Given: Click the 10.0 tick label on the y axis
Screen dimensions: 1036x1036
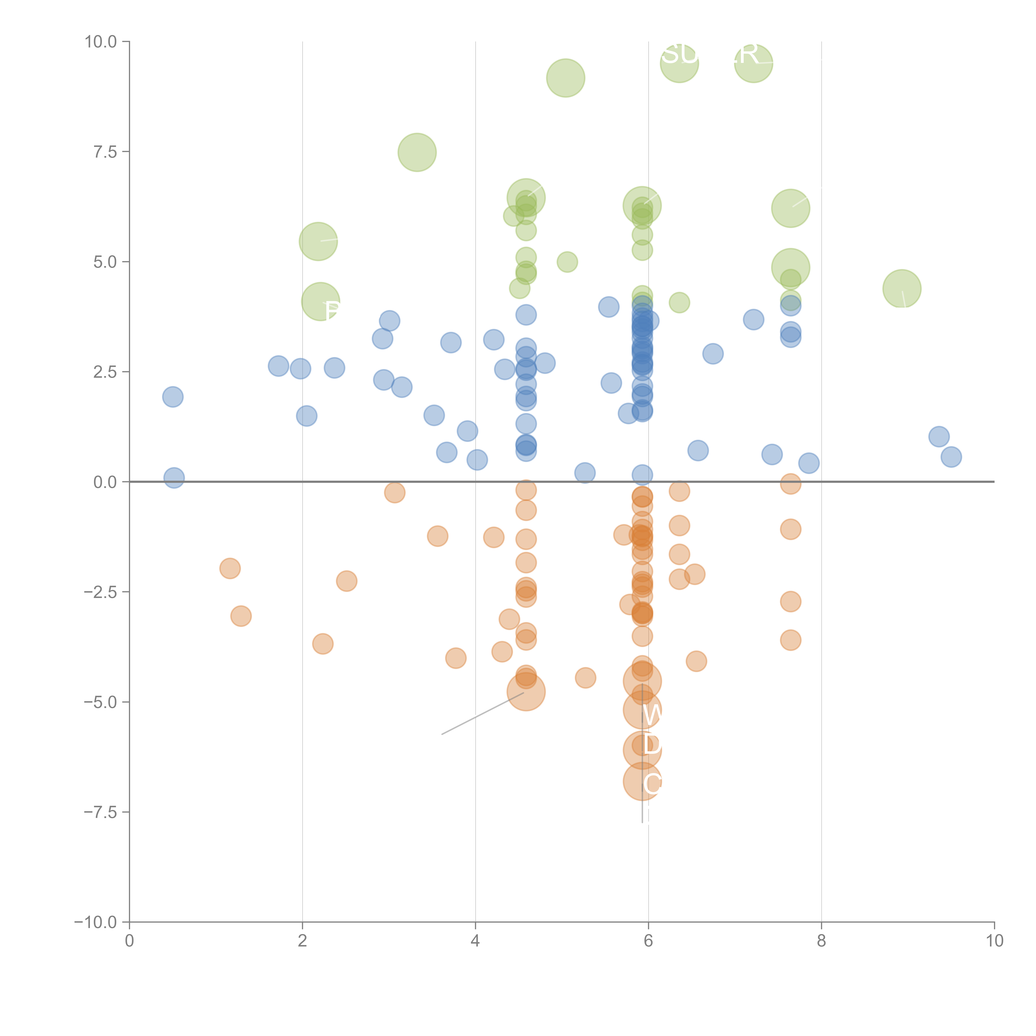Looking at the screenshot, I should [101, 42].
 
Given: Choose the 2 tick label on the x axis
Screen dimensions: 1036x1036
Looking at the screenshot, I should [303, 941].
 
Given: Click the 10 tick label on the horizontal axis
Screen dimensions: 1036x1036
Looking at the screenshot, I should [994, 941].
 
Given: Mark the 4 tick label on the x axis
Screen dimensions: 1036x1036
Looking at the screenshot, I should [475, 941].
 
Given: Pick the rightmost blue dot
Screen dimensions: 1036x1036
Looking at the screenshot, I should [951, 457].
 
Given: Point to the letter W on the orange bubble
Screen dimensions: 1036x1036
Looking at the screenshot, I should [652, 715].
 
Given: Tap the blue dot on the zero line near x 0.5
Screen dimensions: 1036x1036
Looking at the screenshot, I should [174, 478].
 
